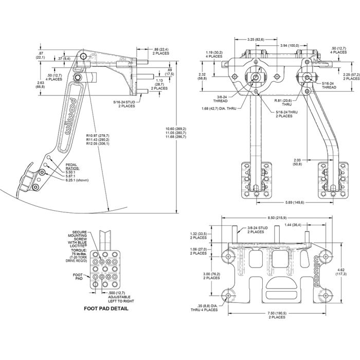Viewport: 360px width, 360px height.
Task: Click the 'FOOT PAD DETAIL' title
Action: click(106, 309)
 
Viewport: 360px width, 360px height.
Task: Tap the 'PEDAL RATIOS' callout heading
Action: click(73, 169)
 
